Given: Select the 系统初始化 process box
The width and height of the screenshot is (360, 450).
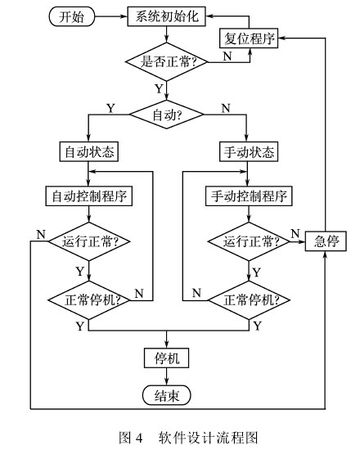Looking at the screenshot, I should coord(167,16).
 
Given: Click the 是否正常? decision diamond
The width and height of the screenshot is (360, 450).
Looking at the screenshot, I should coord(167,60).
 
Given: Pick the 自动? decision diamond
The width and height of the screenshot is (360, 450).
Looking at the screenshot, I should coord(167,116).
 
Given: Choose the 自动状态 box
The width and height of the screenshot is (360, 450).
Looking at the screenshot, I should coord(88,152).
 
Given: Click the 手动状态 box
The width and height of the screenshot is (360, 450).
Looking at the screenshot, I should coord(247,152).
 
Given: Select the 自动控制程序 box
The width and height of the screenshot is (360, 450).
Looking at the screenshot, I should coord(88,196).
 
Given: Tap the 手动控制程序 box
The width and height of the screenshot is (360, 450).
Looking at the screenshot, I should coord(247,196).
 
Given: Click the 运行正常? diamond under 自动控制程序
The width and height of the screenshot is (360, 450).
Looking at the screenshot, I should coord(88,241).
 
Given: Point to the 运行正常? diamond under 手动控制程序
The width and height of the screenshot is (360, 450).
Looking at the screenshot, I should coord(247,241).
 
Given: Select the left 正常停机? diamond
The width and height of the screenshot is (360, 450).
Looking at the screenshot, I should coord(88,298).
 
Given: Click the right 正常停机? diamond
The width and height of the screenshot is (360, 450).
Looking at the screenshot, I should coord(247,298).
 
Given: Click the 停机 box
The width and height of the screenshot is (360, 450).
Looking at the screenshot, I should coord(167,358).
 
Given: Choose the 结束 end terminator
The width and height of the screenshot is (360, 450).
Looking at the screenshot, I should coord(167,396).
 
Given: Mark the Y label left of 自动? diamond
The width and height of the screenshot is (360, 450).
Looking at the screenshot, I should coord(110,107).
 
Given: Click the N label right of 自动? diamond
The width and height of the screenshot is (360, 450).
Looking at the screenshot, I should coord(225,107).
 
